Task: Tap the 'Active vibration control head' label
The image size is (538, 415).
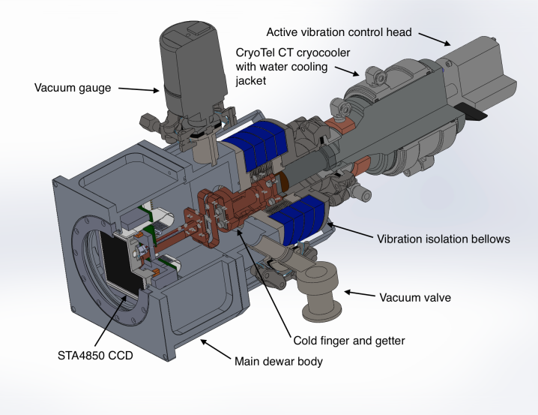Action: click(340, 32)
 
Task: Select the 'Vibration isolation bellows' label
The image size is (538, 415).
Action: click(442, 239)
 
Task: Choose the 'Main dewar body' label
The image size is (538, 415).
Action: click(281, 361)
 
